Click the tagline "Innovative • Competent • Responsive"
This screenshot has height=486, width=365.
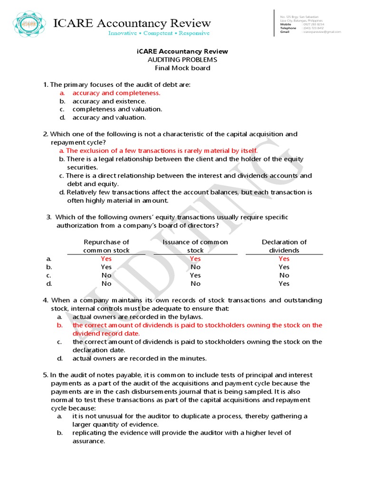159,33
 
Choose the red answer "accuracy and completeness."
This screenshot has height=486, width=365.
116,93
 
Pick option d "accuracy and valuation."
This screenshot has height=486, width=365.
109,117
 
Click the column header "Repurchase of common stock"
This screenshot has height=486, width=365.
106,246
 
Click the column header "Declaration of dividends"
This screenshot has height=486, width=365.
284,246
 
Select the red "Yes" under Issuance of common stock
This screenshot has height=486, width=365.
195,259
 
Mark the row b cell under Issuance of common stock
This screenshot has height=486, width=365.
195,267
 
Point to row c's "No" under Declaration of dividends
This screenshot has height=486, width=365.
284,275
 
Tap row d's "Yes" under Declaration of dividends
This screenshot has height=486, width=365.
284,283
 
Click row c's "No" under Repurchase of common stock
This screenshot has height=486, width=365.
106,275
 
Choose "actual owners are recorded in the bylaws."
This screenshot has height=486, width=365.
138,317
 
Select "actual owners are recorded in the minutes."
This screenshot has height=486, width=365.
139,358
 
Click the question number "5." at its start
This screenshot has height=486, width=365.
46,375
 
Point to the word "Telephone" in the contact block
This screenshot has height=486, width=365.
288,28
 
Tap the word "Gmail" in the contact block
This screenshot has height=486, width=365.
285,32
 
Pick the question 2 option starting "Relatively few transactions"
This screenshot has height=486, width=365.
189,192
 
